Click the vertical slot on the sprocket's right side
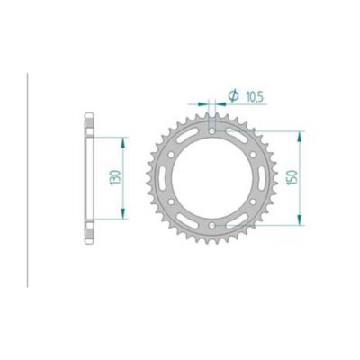(x=260, y=177)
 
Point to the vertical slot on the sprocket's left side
(x=166, y=177)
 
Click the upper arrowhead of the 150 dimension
(x=298, y=131)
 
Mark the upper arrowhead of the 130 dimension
(x=121, y=138)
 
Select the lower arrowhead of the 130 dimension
(x=121, y=217)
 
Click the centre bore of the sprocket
(x=213, y=177)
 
